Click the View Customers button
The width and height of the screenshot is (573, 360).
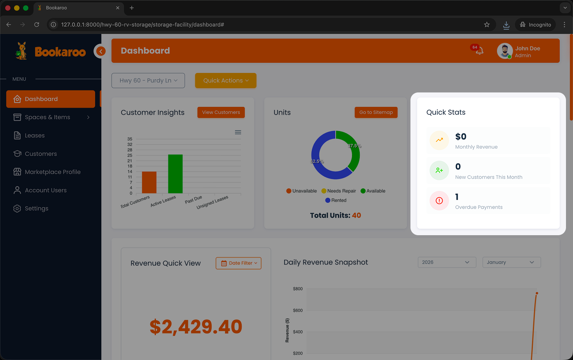click(x=221, y=112)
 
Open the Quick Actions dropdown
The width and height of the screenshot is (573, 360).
click(x=226, y=80)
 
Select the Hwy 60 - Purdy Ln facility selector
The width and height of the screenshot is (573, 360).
click(x=148, y=80)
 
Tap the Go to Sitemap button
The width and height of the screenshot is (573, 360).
click(x=376, y=112)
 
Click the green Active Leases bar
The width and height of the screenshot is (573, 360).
click(x=175, y=174)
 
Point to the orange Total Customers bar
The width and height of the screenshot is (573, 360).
click(x=149, y=183)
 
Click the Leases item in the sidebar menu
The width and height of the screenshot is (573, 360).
click(x=35, y=135)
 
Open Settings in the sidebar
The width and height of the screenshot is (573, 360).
click(x=36, y=208)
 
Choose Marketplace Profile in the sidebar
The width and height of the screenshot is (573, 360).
click(x=53, y=172)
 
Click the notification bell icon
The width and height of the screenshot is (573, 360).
click(x=479, y=51)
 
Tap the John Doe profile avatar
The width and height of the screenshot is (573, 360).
click(x=504, y=51)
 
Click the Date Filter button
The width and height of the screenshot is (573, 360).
click(x=239, y=263)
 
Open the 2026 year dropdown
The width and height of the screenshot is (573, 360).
click(x=447, y=262)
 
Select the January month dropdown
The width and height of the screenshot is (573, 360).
click(x=511, y=262)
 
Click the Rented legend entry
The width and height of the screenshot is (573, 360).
click(x=336, y=200)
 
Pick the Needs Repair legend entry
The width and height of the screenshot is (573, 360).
click(x=339, y=191)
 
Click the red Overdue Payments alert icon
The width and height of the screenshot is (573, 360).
click(x=439, y=200)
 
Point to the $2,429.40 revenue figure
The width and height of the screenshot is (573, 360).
click(x=196, y=327)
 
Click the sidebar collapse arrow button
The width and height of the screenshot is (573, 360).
click(x=101, y=51)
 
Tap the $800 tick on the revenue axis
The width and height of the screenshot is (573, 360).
click(x=298, y=289)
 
